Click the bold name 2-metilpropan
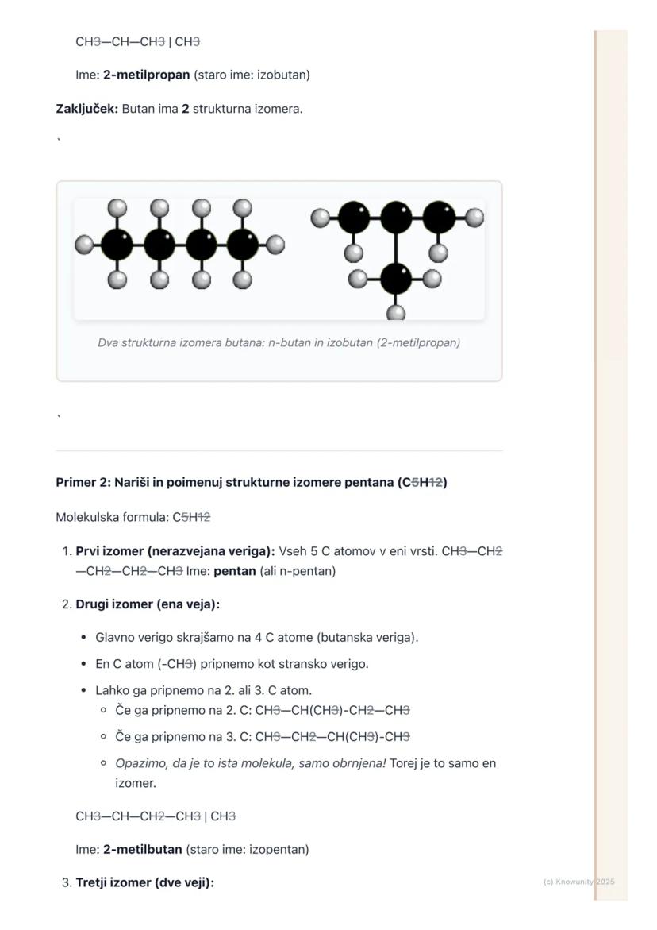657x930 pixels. (147, 75)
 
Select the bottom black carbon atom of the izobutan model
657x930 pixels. (395, 279)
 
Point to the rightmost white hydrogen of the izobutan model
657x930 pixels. (474, 216)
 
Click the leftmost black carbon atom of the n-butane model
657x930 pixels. (117, 245)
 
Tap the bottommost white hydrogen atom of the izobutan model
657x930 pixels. (395, 312)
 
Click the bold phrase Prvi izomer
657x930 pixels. (109, 550)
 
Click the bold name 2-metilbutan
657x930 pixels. (143, 849)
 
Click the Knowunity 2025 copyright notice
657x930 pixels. (579, 882)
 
